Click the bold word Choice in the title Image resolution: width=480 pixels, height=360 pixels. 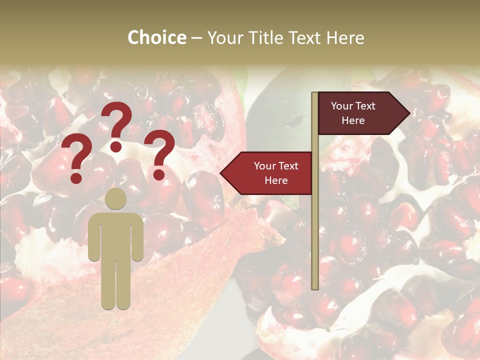coord(156,38)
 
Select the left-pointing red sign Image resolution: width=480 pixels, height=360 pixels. coord(270,173)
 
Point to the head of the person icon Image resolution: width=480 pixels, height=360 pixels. coord(116,198)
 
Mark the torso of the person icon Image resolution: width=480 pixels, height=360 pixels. coord(116,235)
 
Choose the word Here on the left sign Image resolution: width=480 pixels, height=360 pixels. coord(276,180)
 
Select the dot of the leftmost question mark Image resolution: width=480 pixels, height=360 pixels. coord(76,178)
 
